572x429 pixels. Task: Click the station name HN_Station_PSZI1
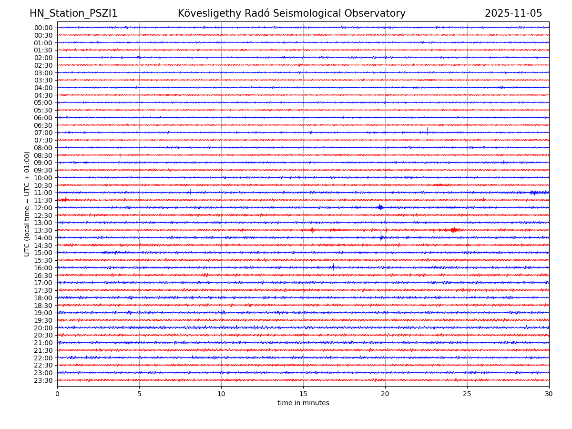(x=73, y=14)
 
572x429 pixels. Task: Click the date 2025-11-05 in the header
(x=513, y=14)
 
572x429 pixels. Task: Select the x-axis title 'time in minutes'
(x=303, y=403)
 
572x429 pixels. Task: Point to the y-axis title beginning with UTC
(x=27, y=204)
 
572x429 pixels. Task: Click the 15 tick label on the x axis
(x=303, y=394)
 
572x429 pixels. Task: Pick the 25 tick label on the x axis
(x=467, y=394)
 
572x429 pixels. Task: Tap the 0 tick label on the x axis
(x=57, y=394)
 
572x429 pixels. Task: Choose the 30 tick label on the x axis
(x=549, y=394)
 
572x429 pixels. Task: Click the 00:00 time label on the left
(x=43, y=28)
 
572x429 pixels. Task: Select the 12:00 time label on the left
(x=43, y=208)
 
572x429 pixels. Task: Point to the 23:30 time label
(x=43, y=380)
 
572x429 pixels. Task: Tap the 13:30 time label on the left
(x=43, y=230)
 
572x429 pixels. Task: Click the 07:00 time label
(x=43, y=133)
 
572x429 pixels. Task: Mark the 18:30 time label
(x=43, y=306)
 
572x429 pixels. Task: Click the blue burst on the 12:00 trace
(x=380, y=207)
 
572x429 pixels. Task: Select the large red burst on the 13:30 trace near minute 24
(x=453, y=230)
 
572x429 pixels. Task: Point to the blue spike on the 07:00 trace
(x=427, y=131)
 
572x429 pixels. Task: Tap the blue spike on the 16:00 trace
(x=333, y=267)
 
